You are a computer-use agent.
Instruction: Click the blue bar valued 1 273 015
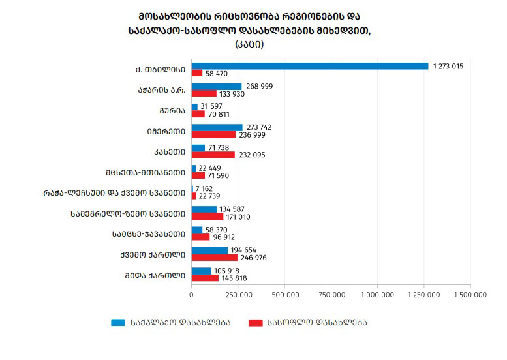pyautogui.click(x=310, y=66)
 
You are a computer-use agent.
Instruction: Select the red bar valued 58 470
pyautogui.click(x=197, y=73)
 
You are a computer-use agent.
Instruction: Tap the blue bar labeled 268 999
pyautogui.click(x=217, y=86)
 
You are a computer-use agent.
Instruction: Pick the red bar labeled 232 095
pyautogui.click(x=213, y=155)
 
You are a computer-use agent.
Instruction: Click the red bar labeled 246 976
pyautogui.click(x=215, y=258)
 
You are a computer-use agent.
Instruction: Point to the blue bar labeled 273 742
pyautogui.click(x=217, y=127)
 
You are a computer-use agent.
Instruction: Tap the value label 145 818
pyautogui.click(x=233, y=278)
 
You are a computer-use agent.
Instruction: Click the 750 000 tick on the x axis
pyautogui.click(x=331, y=295)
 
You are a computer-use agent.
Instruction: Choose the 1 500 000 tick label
pyautogui.click(x=470, y=295)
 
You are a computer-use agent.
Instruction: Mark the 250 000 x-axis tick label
pyautogui.click(x=238, y=295)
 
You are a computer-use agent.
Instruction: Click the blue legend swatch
pyautogui.click(x=118, y=322)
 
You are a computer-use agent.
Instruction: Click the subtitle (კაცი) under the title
pyautogui.click(x=250, y=44)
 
